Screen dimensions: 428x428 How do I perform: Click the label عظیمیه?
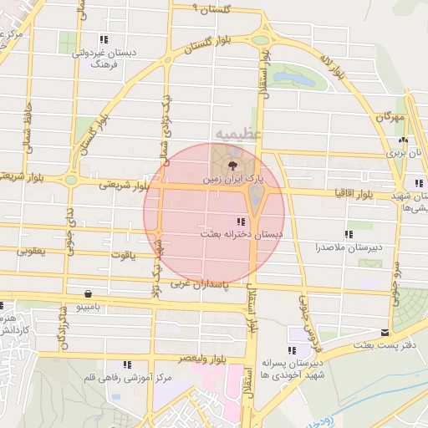pos(238,134)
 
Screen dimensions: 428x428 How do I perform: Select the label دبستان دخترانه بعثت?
pos(242,235)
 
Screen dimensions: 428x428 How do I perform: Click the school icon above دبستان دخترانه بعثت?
pos(241,222)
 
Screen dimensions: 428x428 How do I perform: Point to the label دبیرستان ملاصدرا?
pos(349,247)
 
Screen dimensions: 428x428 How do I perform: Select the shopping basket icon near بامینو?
pos(89,293)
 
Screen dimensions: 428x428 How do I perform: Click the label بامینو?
pos(89,307)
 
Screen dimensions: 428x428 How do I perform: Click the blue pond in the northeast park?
pos(293,79)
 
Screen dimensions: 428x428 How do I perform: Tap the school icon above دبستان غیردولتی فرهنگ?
pos(103,39)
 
